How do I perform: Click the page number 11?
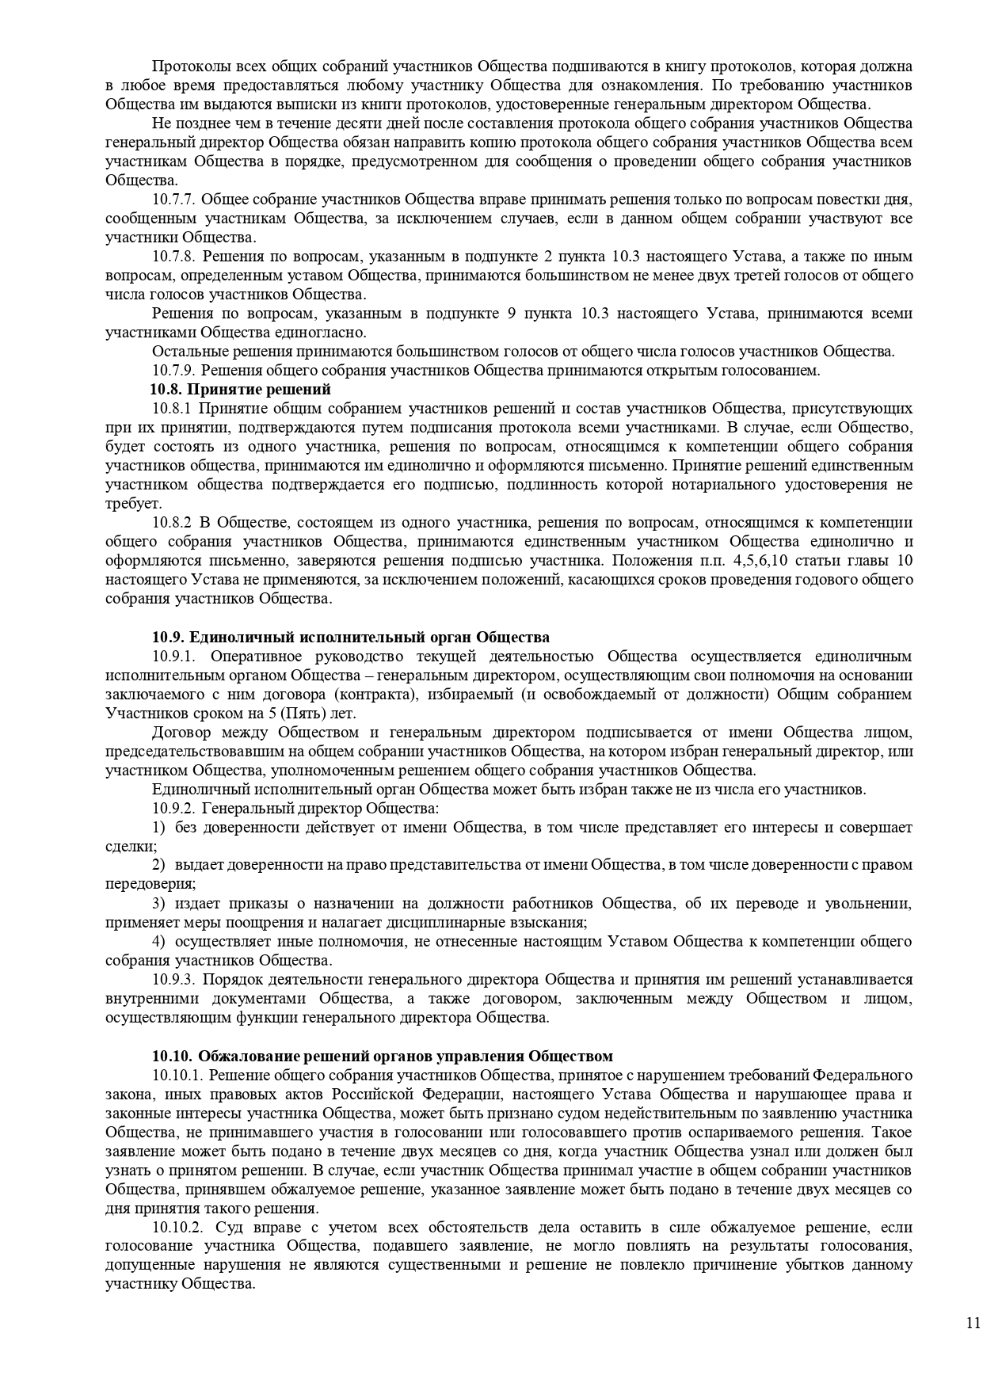click(x=973, y=1323)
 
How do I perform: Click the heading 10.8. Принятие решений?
click(x=240, y=390)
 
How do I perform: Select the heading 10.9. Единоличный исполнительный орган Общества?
click(x=351, y=638)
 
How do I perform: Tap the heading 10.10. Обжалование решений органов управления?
click(x=383, y=1057)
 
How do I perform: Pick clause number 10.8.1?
click(x=172, y=409)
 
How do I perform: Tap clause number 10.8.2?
click(x=172, y=523)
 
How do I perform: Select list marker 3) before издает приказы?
click(x=158, y=904)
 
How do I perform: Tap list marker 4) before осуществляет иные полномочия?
click(x=158, y=942)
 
